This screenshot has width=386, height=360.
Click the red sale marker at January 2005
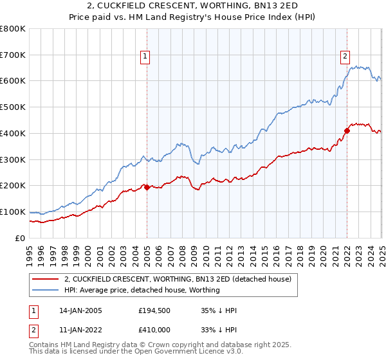click(147, 187)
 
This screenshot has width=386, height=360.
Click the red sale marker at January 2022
click(347, 130)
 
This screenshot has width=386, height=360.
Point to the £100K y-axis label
click(13, 212)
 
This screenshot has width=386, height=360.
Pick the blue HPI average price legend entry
click(142, 290)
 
